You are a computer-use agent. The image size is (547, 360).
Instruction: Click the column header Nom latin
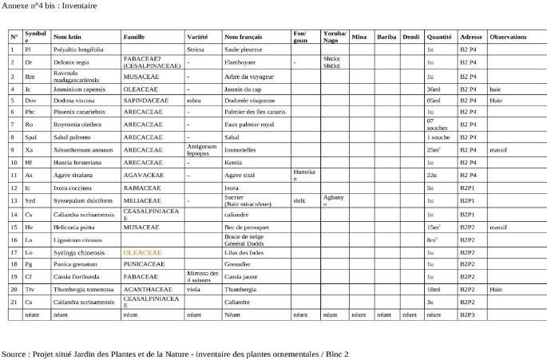[65, 38]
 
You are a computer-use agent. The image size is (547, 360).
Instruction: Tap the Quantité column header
[439, 38]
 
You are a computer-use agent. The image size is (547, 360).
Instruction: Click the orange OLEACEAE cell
[142, 252]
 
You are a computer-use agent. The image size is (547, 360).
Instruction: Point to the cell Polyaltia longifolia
[77, 49]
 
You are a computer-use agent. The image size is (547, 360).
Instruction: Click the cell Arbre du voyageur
[248, 77]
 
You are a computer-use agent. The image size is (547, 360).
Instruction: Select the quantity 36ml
[434, 89]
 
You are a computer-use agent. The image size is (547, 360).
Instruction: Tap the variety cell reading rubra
[193, 101]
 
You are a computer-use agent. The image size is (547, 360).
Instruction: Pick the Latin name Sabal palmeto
[72, 136]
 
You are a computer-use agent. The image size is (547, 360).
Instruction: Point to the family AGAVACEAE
[144, 174]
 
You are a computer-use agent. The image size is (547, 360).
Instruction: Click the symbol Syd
[30, 200]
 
